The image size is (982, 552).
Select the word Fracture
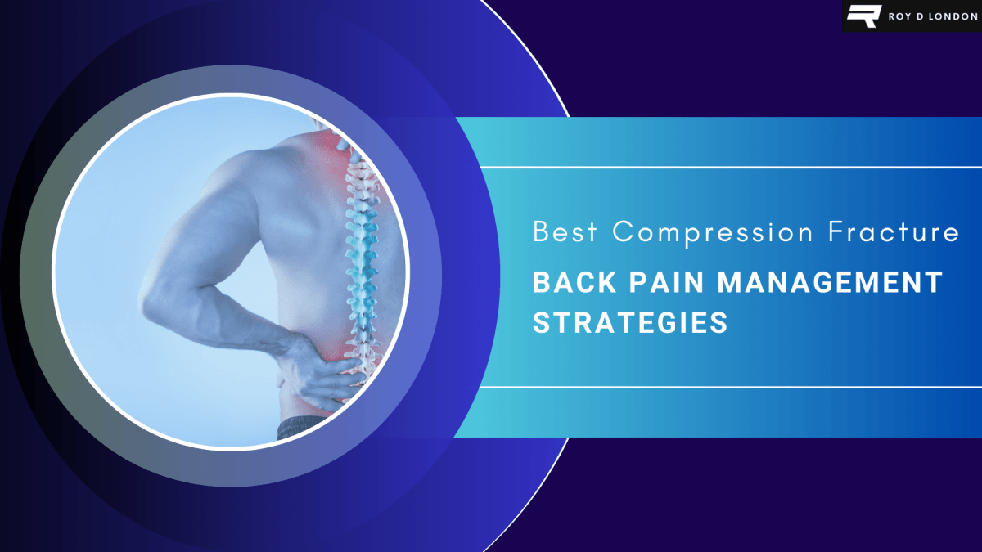tap(893, 232)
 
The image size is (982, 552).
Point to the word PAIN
tap(656, 283)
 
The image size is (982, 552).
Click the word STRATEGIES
tap(630, 322)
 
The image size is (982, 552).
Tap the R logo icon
tap(862, 16)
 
